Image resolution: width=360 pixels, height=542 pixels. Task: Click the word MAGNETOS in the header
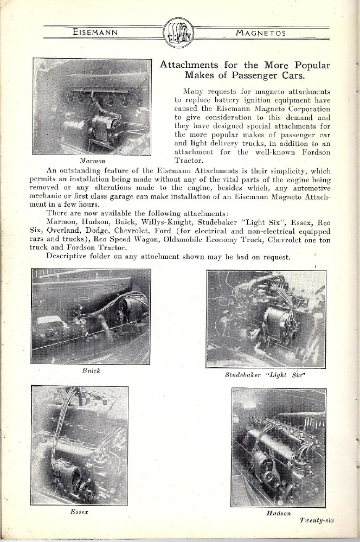pos(262,33)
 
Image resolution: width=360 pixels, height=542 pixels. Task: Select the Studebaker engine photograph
pos(266,318)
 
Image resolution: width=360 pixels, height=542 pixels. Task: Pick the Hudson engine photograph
pos(279,447)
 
